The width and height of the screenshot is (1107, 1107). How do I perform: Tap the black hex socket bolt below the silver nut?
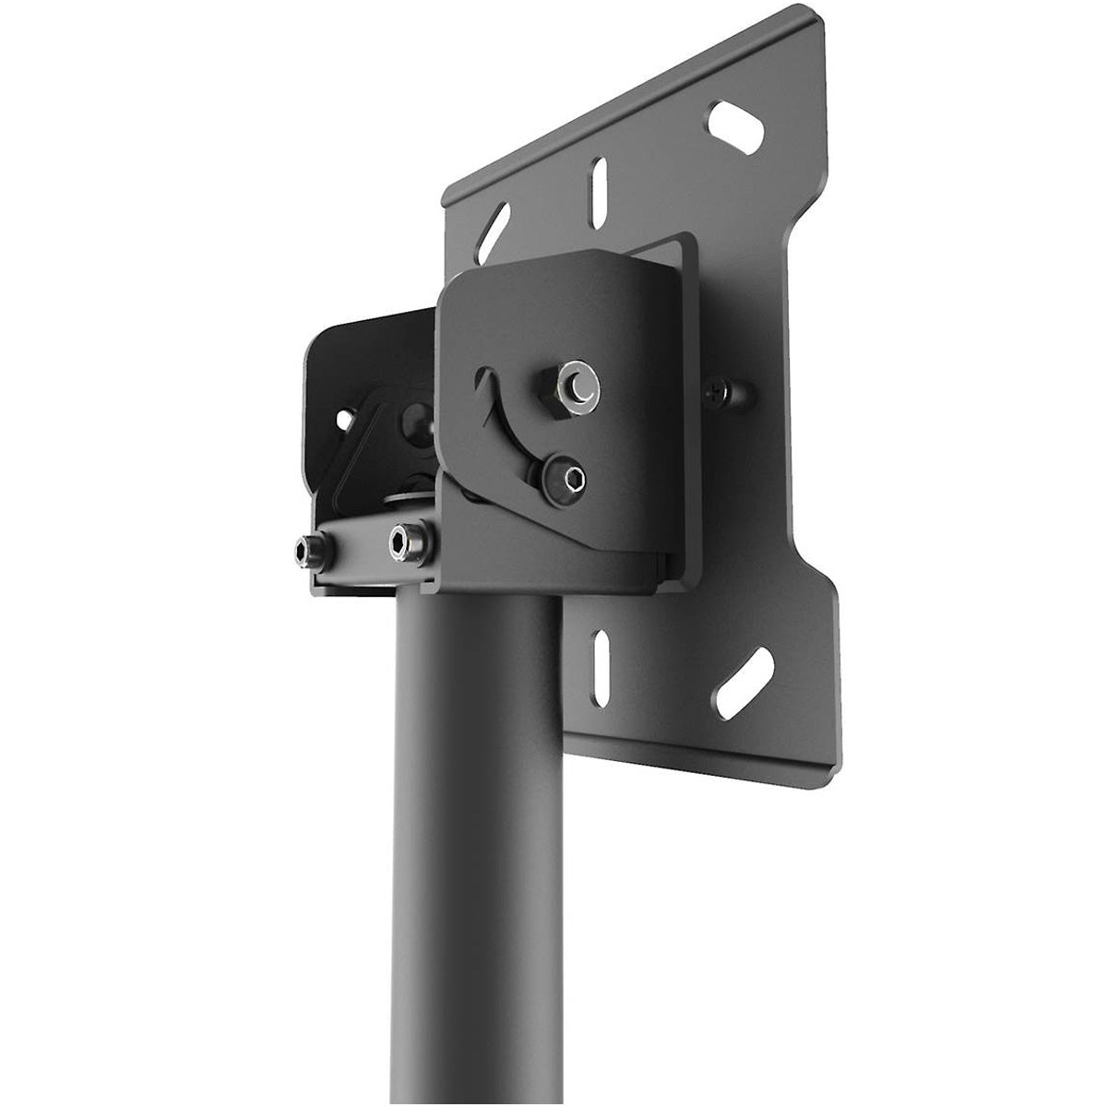(565, 478)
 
